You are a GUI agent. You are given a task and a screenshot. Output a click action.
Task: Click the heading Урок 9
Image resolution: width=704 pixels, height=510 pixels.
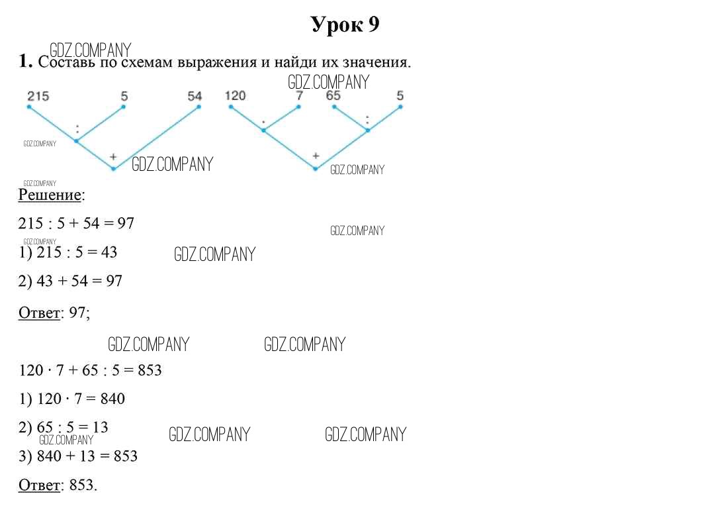tap(345, 25)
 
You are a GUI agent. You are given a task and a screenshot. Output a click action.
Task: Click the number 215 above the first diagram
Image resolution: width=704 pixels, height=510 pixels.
tap(38, 96)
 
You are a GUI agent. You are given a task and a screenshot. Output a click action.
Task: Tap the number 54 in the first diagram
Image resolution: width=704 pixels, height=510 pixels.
tap(195, 96)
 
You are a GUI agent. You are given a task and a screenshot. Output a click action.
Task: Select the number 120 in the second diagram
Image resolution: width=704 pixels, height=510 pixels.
tap(236, 95)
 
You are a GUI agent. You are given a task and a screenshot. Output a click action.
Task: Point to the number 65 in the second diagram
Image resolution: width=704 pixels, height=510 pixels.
tap(333, 95)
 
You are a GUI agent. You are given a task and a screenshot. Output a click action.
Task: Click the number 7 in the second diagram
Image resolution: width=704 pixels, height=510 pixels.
tap(300, 95)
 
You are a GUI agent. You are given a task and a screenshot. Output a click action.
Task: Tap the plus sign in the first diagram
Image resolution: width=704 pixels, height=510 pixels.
tap(113, 157)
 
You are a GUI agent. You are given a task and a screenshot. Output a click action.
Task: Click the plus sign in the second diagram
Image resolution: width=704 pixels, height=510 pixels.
tap(316, 156)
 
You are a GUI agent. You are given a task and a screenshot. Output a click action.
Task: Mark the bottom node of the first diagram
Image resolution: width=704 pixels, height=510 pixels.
tap(114, 169)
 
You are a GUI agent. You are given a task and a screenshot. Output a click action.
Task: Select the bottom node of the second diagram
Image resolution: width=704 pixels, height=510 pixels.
tap(315, 169)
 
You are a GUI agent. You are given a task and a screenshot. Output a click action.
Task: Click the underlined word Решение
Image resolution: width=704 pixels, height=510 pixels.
tap(50, 195)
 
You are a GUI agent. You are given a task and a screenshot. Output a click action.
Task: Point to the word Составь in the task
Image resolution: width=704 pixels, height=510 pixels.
tap(67, 62)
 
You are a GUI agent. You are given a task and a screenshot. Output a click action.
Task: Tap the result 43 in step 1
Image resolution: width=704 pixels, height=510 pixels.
tap(109, 252)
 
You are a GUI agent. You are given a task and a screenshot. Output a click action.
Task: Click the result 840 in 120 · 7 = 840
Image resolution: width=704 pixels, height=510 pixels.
tap(112, 399)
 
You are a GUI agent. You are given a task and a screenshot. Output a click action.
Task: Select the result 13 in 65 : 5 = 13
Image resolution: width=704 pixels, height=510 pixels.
tap(100, 427)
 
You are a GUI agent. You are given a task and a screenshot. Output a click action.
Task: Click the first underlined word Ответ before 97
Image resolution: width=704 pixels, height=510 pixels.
tap(39, 313)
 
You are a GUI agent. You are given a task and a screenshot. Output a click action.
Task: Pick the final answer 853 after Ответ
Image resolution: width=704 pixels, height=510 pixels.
tap(81, 485)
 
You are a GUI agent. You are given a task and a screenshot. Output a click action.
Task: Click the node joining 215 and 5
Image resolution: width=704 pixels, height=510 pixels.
tap(76, 141)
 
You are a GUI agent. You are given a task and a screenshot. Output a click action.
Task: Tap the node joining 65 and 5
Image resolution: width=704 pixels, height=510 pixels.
tap(368, 130)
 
